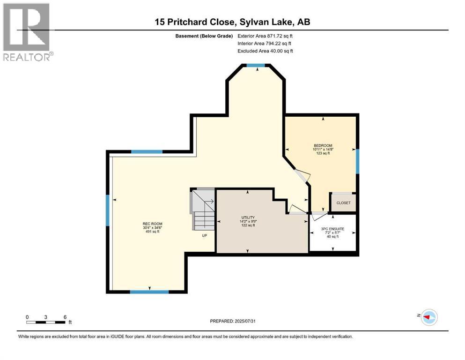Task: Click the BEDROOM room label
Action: [x=323, y=145]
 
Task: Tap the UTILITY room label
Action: [x=248, y=217]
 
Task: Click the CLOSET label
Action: [x=343, y=203]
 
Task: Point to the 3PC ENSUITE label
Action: [x=332, y=228]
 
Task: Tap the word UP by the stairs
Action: [x=204, y=236]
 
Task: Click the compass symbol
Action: [x=428, y=317]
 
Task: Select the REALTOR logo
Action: [x=27, y=32]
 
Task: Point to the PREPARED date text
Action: [x=233, y=321]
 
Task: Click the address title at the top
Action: [x=232, y=22]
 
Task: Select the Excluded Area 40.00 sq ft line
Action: [x=265, y=51]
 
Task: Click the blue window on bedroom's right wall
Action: [x=357, y=161]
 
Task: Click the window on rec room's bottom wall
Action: [x=149, y=292]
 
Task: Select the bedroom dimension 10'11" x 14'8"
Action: [x=323, y=149]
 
